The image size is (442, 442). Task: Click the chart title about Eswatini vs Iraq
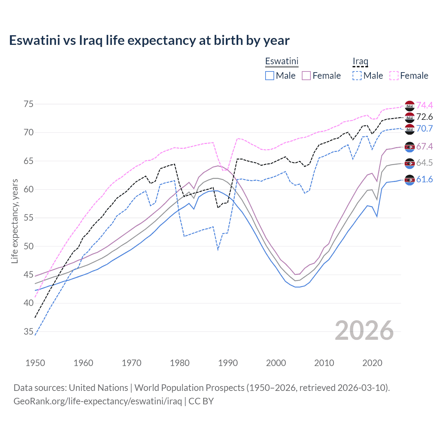(x=149, y=40)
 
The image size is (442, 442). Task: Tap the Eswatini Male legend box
(x=270, y=76)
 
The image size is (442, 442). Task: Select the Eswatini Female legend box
(x=306, y=76)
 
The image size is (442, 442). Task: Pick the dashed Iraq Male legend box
(x=357, y=76)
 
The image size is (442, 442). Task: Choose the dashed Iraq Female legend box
(x=394, y=76)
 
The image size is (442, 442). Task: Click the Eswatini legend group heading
(x=281, y=61)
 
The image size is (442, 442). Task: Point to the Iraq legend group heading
(x=360, y=61)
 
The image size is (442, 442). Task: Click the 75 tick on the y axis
(x=29, y=104)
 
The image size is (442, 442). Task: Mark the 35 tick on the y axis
(x=29, y=332)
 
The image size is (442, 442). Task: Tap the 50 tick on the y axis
(x=29, y=247)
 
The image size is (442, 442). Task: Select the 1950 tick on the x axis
(x=35, y=363)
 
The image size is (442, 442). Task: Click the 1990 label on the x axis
(x=228, y=363)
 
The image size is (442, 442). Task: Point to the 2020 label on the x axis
(x=372, y=363)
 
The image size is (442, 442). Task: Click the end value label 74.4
(x=424, y=105)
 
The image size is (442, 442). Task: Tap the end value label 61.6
(x=424, y=179)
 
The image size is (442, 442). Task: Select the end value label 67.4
(x=424, y=146)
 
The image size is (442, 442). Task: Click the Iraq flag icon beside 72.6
(x=410, y=117)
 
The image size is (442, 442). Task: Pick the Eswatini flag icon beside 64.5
(x=410, y=163)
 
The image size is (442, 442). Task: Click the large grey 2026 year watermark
(x=364, y=330)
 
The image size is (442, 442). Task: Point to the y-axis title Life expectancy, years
(x=15, y=221)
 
